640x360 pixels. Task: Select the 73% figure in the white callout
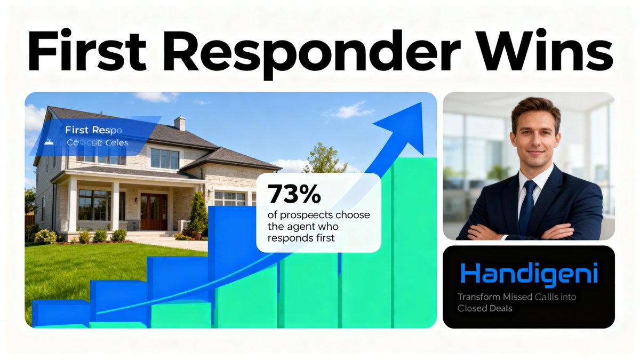click(294, 194)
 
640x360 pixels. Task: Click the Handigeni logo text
click(529, 274)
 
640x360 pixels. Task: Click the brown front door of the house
click(154, 211)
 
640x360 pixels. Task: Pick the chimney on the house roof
click(180, 123)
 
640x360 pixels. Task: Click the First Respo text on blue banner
click(93, 130)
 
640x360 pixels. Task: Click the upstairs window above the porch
click(164, 158)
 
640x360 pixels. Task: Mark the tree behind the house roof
click(325, 158)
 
